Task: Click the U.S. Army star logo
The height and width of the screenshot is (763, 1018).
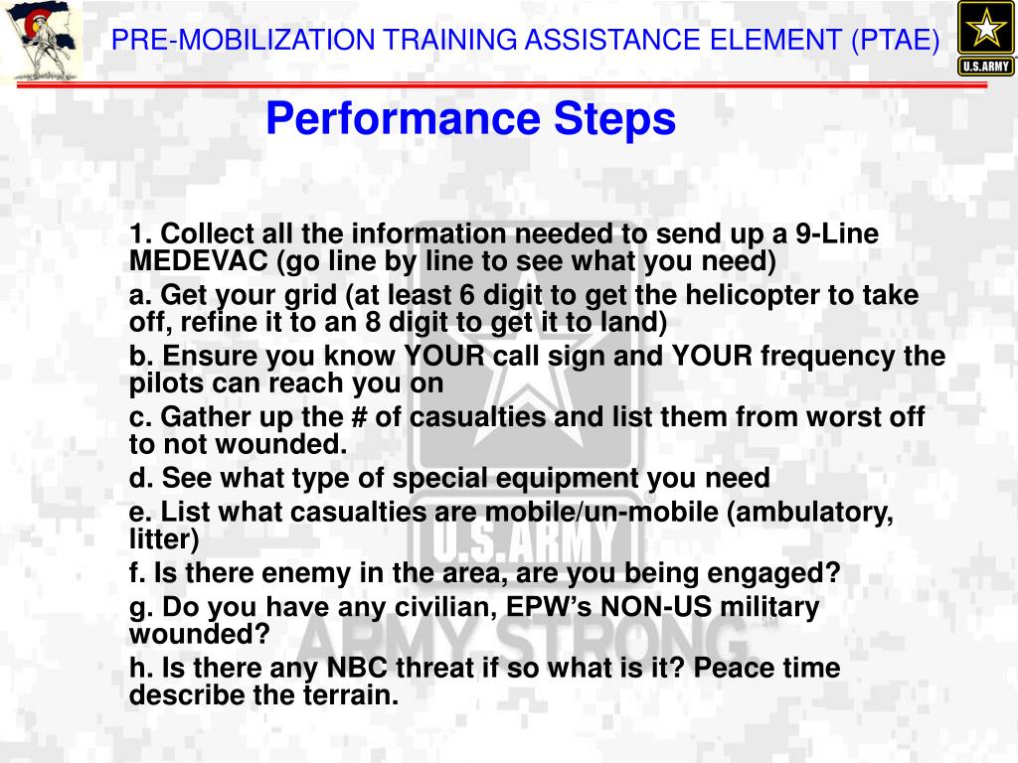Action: (985, 39)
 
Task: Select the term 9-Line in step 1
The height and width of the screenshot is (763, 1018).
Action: (837, 234)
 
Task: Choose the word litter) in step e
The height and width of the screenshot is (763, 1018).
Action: (164, 539)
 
